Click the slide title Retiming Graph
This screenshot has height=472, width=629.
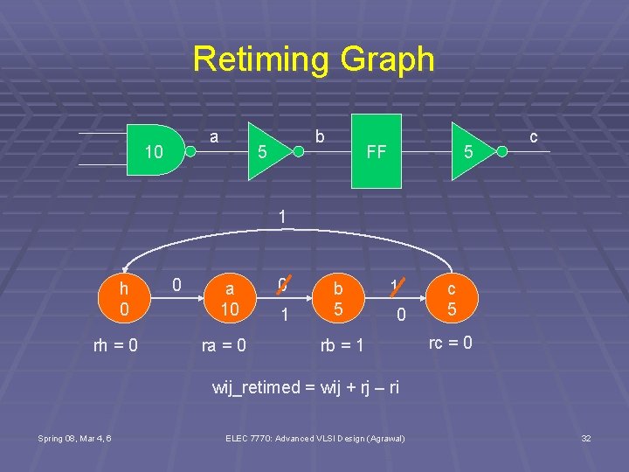(314, 59)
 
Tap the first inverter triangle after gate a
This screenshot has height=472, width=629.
(269, 151)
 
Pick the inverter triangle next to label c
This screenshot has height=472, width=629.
(473, 151)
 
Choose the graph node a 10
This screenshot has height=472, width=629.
(229, 297)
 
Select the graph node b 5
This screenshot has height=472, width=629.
(337, 297)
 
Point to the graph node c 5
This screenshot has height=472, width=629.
(452, 297)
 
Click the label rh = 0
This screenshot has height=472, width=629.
(115, 345)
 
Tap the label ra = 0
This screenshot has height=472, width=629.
(224, 345)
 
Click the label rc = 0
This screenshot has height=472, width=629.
(451, 343)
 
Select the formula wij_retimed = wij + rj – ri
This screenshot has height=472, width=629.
(306, 387)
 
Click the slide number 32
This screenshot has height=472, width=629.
(586, 438)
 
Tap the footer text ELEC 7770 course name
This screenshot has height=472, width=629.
(315, 438)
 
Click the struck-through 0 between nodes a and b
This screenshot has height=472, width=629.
(281, 284)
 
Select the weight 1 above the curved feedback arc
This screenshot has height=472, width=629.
(282, 215)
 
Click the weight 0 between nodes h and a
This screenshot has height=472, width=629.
(176, 284)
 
